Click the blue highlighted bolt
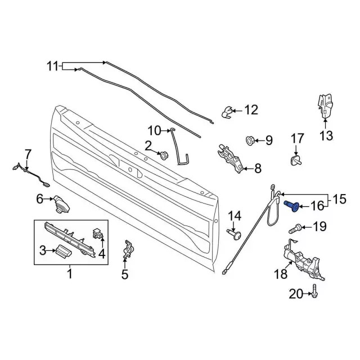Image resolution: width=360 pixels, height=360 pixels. (x=292, y=206)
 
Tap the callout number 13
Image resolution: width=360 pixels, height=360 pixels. (x=326, y=136)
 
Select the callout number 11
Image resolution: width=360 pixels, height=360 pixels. (x=52, y=67)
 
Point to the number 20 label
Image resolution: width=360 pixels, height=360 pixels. (x=296, y=293)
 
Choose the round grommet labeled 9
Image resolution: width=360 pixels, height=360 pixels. (x=250, y=139)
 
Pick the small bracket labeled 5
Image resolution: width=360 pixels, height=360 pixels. (x=128, y=250)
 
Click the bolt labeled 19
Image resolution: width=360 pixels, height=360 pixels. (x=295, y=228)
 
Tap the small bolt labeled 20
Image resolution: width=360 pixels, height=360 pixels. (x=313, y=293)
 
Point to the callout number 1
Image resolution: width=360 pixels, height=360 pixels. (x=70, y=275)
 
